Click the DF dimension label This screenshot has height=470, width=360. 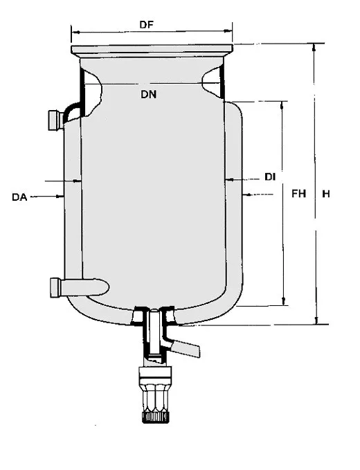pos(147,25)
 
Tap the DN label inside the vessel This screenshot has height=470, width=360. pos(149,94)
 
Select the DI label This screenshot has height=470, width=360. pos(270,177)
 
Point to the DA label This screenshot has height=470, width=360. pos(19,197)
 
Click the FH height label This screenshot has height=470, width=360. pos(299,194)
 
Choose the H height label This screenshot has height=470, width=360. pos(326,194)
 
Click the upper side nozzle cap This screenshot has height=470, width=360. pos(54,120)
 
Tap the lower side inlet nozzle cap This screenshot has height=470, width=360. pos(55,288)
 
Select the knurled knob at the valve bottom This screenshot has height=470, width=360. pos(155,417)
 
